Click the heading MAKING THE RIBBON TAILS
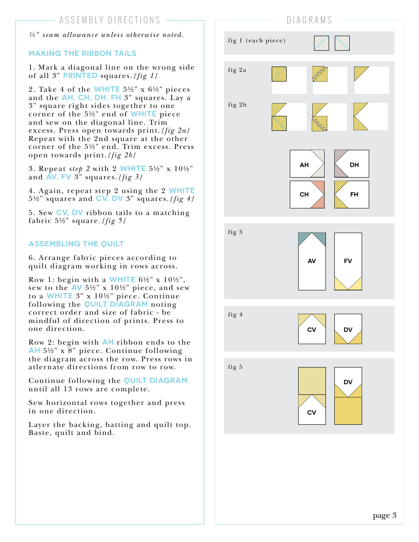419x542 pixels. point(82,53)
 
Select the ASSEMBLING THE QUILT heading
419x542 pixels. point(76,244)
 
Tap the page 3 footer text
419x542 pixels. point(385,515)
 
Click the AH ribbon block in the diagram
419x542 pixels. point(307,164)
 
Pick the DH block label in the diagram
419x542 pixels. point(354,165)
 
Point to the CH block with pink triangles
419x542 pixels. point(307,194)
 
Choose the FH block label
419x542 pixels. point(354,194)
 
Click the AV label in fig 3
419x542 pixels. point(312,261)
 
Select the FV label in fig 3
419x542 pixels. point(348,261)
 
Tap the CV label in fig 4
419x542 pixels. point(312,330)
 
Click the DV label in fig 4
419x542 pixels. point(348,330)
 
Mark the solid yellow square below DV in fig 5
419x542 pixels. point(348,411)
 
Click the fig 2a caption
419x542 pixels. point(237,70)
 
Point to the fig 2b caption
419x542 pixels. point(237,105)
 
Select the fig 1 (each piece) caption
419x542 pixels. point(257,41)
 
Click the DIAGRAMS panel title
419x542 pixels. point(309,20)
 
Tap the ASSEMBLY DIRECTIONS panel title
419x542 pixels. point(110,20)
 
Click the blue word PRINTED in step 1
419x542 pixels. point(80,75)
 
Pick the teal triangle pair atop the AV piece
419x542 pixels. point(312,238)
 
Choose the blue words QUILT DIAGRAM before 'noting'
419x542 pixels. point(116,304)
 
